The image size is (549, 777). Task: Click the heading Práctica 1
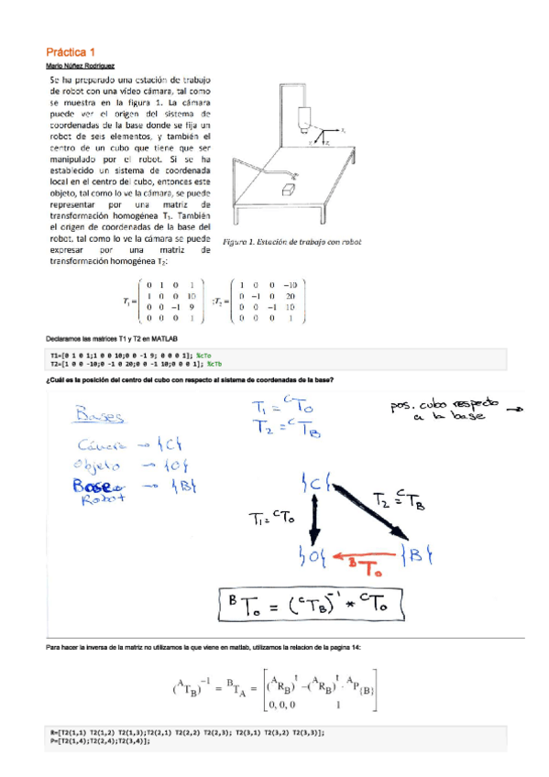71,53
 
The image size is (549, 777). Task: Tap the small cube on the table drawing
290,188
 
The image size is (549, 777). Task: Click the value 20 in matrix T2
290,297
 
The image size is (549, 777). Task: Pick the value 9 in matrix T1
190,308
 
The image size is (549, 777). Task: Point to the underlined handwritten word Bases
102,416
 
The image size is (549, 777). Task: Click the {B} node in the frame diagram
420,553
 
